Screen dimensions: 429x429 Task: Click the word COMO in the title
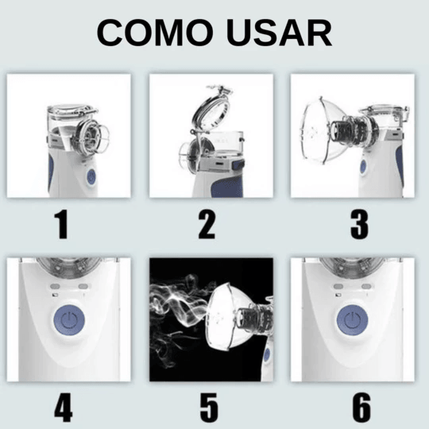pos(155,33)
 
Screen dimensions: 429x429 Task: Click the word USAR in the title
pos(280,33)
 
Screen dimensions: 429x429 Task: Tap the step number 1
pos(61,224)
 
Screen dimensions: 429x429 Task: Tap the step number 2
pos(207,224)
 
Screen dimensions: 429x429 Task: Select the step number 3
pos(359,224)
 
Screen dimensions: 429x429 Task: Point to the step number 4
pos(64,408)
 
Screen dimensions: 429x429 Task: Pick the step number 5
pos(209,408)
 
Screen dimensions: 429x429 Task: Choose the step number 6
pos(361,408)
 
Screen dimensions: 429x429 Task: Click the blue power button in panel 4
pos(69,320)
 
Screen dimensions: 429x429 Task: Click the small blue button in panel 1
pos(91,176)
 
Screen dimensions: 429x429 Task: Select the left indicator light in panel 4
pos(55,286)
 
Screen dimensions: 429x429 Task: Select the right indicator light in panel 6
pos(366,286)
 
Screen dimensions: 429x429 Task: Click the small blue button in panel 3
pos(363,166)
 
